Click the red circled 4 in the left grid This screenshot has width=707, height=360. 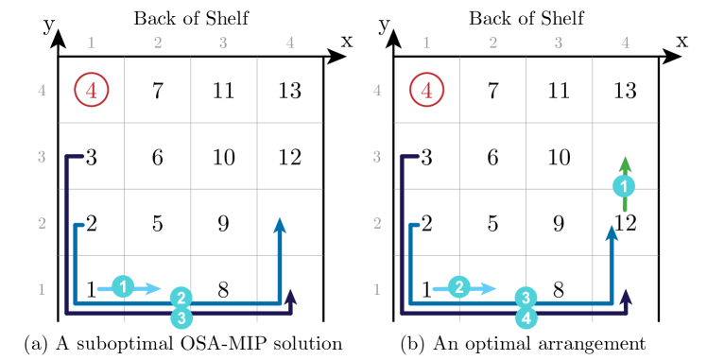coord(92,90)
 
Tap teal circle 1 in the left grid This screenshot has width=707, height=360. coord(123,286)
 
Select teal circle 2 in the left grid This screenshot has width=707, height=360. coord(182,299)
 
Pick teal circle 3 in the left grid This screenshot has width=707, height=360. coord(182,318)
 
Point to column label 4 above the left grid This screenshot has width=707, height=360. coord(290,43)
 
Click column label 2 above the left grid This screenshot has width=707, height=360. coord(158,43)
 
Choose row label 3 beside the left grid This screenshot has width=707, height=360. coord(42,157)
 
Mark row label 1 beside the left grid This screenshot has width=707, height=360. coord(42,289)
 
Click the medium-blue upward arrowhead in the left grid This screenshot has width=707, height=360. coord(280,225)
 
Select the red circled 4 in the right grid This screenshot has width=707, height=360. coord(426,90)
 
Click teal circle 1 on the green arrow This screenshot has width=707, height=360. coord(623,186)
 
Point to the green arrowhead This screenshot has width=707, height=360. coord(625,163)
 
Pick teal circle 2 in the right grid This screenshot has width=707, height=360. coord(459,287)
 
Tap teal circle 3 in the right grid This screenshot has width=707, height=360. coord(526,299)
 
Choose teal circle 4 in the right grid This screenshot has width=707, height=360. coord(526,318)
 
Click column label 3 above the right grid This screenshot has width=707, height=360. coord(559,43)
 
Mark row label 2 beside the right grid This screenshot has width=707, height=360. coord(377,223)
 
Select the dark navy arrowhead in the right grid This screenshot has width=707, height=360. coord(625,297)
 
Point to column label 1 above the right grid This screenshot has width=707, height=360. coord(426,43)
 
